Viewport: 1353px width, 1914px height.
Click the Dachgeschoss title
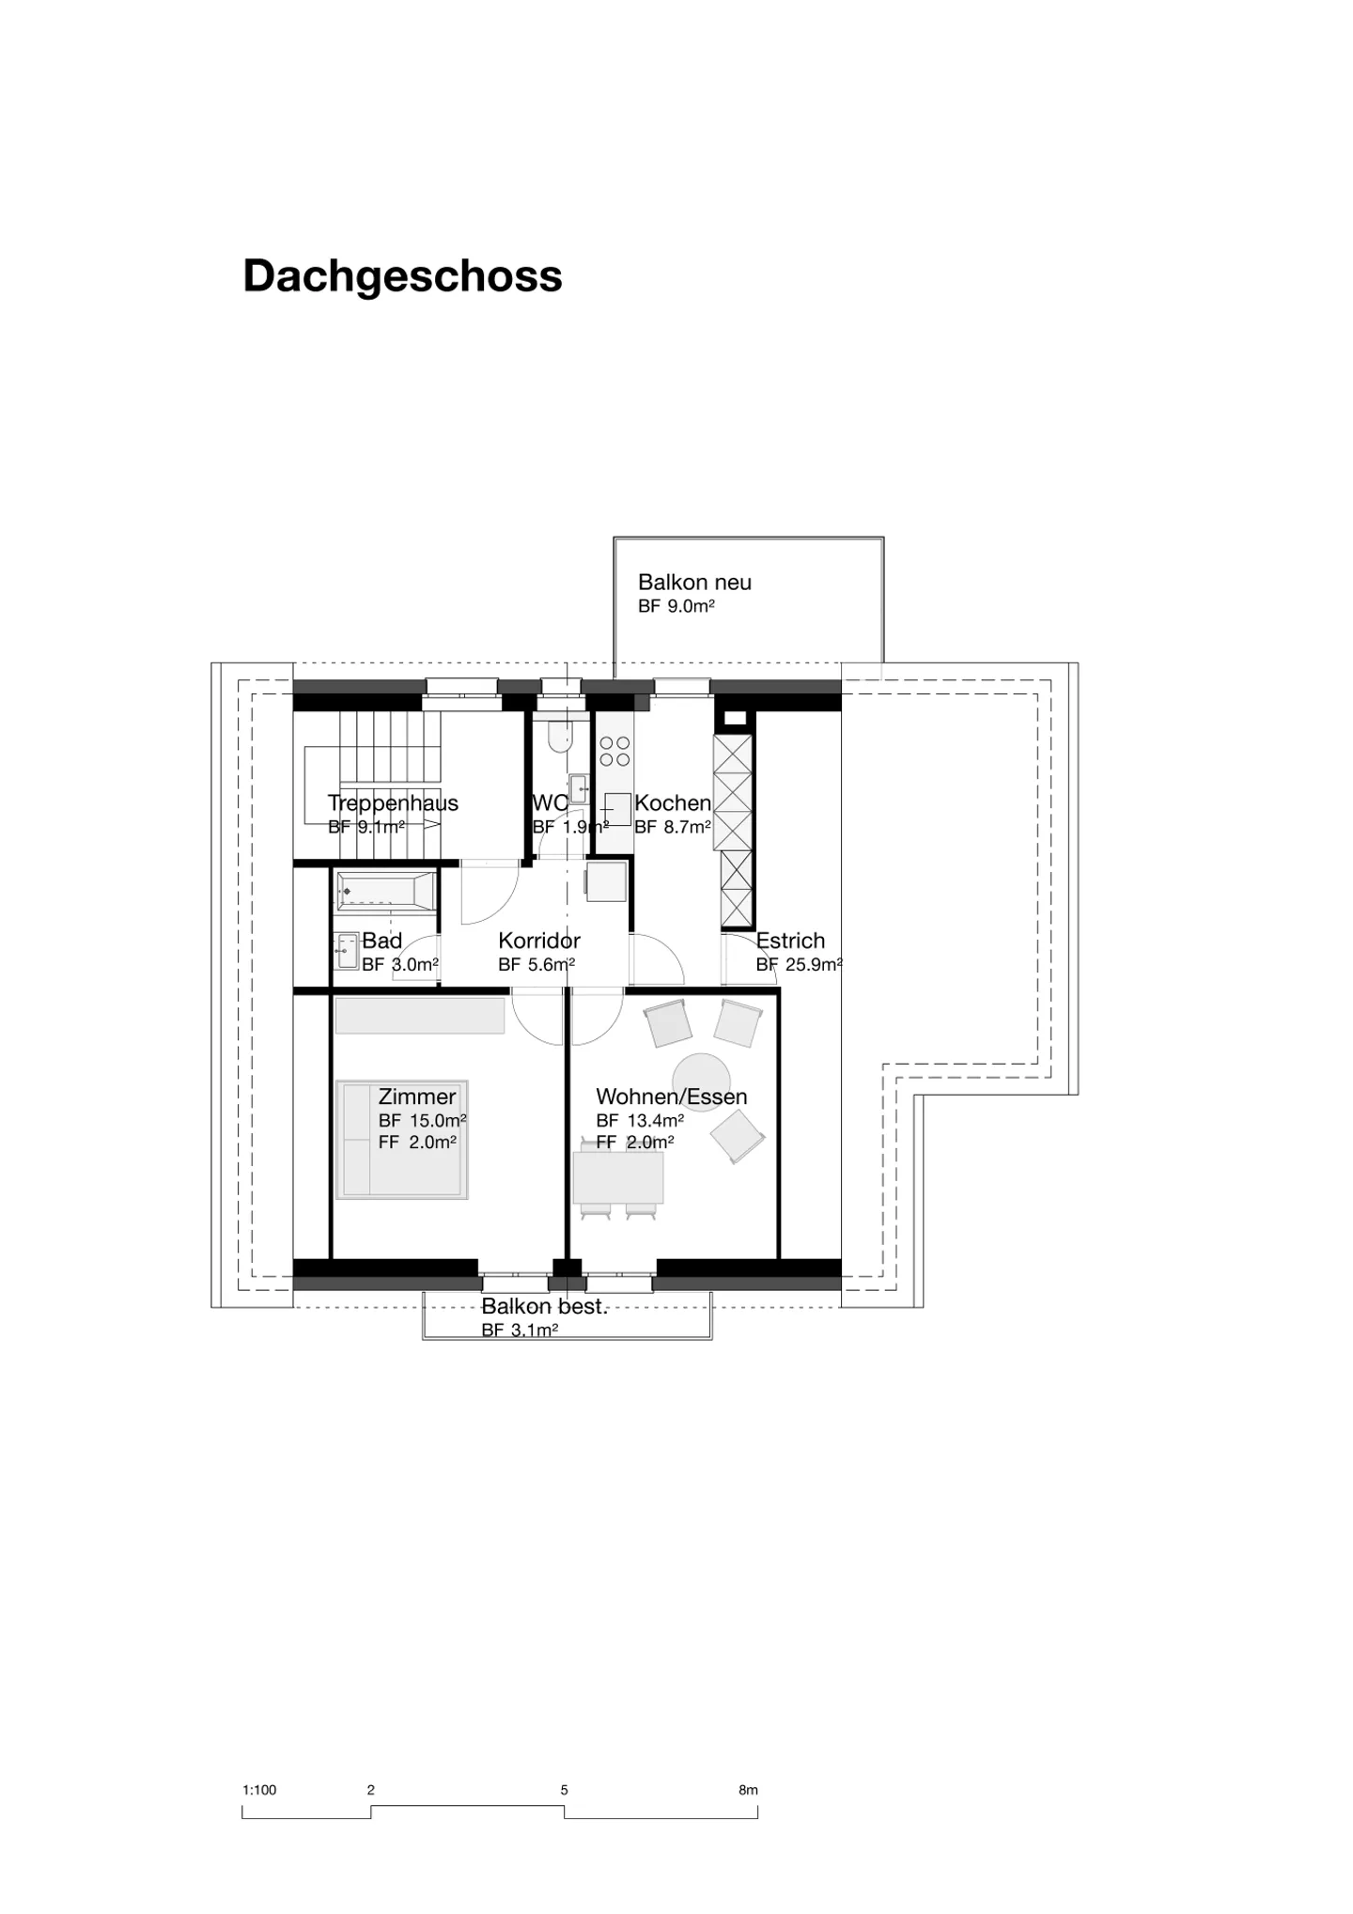click(x=402, y=277)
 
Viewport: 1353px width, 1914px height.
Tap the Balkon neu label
click(x=694, y=583)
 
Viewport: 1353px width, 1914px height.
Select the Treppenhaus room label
click(x=393, y=803)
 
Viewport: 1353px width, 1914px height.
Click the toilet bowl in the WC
click(x=559, y=736)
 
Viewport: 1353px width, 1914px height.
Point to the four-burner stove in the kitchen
click(x=614, y=751)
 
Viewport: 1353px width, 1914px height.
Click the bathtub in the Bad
click(x=386, y=891)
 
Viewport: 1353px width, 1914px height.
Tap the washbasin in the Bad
click(x=348, y=951)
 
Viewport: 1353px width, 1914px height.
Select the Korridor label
click(x=539, y=941)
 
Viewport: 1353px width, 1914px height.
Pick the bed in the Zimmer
click(x=402, y=1140)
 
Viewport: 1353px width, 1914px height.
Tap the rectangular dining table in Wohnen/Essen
click(x=618, y=1177)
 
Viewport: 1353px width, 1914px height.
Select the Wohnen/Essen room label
click(x=672, y=1097)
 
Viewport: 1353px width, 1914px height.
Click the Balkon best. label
click(x=545, y=1307)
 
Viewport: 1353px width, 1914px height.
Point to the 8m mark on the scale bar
click(x=748, y=1790)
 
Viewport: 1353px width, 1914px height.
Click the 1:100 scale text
click(x=259, y=1790)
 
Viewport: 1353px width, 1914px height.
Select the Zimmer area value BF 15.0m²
click(x=423, y=1121)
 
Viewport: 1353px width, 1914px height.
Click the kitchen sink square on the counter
click(x=617, y=808)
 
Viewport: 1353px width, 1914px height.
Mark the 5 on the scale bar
click(x=564, y=1790)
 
